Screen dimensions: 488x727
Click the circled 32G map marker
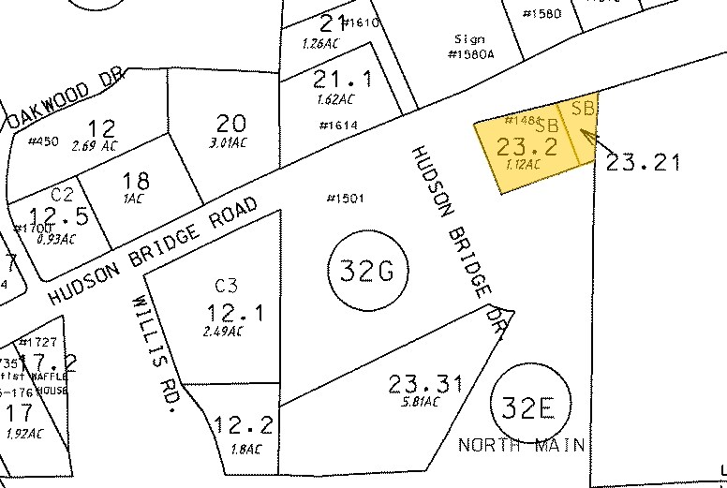point(365,271)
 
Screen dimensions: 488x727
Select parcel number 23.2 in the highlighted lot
point(527,146)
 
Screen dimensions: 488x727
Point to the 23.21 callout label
point(642,162)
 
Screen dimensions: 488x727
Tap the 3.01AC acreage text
point(228,142)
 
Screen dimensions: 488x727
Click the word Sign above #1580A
point(468,39)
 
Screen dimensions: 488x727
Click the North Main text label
point(522,444)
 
